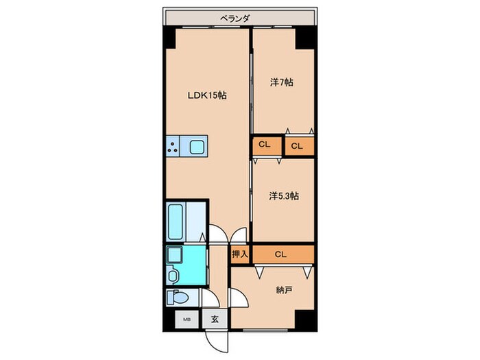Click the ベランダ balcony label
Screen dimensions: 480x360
point(235,19)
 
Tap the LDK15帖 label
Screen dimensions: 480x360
point(207,95)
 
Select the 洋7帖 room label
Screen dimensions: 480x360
point(282,82)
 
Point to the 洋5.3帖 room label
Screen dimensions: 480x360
point(284,196)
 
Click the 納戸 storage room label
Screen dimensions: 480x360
point(283,290)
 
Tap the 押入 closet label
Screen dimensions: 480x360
point(240,254)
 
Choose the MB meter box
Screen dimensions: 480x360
point(187,320)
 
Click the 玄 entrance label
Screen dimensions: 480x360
point(215,320)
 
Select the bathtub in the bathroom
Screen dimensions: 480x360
point(176,222)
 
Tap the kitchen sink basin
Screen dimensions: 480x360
point(197,147)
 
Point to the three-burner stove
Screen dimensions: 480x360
point(173,146)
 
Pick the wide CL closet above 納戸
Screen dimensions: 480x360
point(283,254)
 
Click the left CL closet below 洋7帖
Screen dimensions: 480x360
point(267,146)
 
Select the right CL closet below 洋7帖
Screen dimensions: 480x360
point(300,146)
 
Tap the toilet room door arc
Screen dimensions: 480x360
point(212,296)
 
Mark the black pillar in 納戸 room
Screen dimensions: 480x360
point(304,320)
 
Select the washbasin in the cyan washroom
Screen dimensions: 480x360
point(174,254)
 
